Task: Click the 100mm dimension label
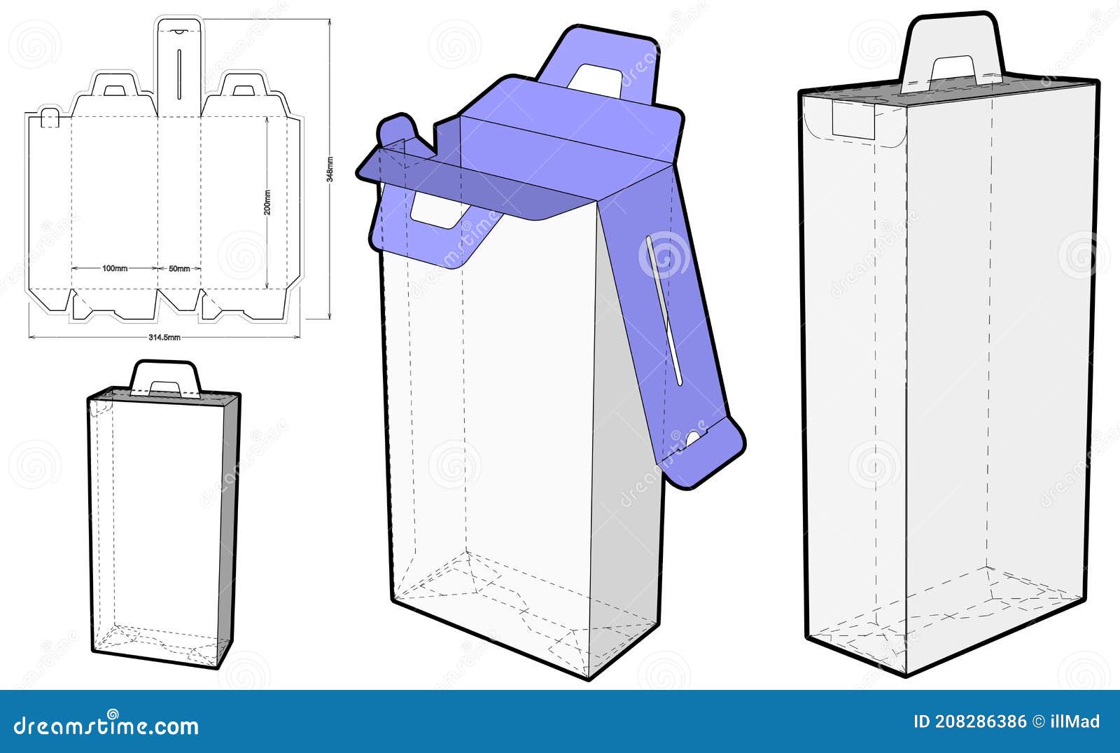[x=114, y=268]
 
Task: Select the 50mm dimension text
[x=179, y=268]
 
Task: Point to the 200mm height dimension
[x=267, y=203]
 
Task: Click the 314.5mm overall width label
[x=164, y=337]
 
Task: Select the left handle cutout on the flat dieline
[x=114, y=90]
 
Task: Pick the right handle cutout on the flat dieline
[x=243, y=90]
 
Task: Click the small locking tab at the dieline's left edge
[x=49, y=118]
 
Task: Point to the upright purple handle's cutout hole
[x=596, y=79]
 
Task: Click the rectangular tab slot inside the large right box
[x=853, y=119]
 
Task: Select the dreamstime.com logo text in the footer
[x=106, y=726]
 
